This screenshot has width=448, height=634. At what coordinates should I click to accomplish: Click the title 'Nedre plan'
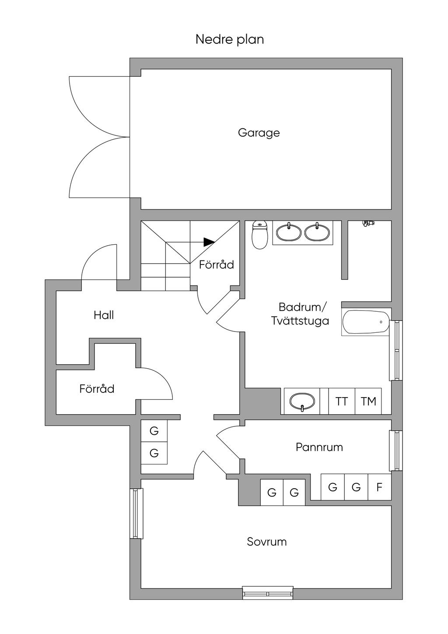coord(229,39)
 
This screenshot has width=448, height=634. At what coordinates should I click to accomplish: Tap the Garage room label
coord(259,133)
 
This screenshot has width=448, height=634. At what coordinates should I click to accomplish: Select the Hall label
coord(104,315)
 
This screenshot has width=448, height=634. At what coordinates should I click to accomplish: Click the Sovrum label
coord(266,542)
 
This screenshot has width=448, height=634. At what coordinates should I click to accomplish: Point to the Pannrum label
coord(319,447)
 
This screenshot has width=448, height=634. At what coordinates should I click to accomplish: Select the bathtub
coord(365,323)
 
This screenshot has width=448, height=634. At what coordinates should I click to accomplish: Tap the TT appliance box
coord(342,401)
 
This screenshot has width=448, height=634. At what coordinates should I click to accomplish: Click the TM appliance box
coord(368,401)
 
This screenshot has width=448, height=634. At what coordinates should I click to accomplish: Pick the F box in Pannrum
coord(379,487)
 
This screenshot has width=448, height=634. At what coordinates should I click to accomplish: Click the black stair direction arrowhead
coord(209,242)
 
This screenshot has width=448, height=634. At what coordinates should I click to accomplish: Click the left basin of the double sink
coord(289,232)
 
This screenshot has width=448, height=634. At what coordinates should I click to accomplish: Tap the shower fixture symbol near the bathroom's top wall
coord(368,223)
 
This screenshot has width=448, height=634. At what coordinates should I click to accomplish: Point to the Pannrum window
coord(395,451)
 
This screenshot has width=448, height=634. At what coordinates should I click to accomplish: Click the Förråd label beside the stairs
coord(216,264)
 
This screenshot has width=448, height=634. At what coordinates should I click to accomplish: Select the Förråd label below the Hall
coord(97,389)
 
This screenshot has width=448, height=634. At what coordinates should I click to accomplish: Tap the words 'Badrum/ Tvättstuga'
coord(300,313)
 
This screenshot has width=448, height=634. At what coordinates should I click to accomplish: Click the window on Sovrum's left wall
coord(136,513)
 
